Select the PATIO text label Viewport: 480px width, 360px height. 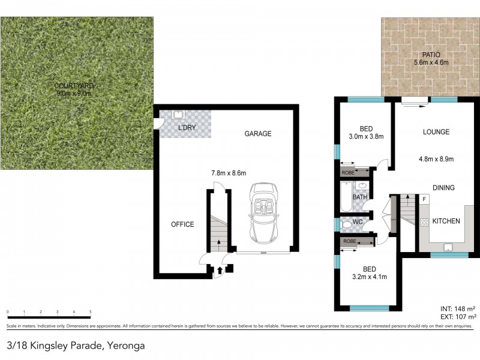427,54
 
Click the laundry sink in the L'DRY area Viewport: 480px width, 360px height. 178,113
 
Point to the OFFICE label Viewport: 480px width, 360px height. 182,224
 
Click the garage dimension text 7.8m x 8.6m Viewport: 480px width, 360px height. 228,173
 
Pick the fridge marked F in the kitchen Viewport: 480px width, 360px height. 424,199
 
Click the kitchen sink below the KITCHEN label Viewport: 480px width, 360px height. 447,245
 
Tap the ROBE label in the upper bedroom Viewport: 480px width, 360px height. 348,173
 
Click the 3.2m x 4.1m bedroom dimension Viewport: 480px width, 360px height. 369,277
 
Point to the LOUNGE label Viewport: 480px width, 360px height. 436,132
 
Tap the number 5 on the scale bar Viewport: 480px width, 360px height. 90,313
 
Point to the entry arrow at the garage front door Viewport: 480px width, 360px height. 219,271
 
